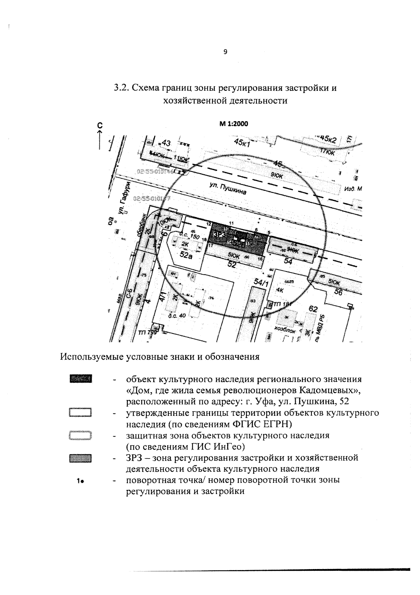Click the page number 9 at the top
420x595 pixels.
coord(225,52)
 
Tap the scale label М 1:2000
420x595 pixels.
coord(233,124)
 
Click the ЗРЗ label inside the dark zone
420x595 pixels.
coord(219,234)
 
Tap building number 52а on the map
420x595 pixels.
coord(186,255)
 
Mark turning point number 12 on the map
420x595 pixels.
coord(209,224)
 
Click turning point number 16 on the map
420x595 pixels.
coord(260,258)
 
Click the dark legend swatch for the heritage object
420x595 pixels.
coord(80,379)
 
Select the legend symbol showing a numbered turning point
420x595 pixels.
coord(80,481)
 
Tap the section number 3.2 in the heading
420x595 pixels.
coord(120,88)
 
